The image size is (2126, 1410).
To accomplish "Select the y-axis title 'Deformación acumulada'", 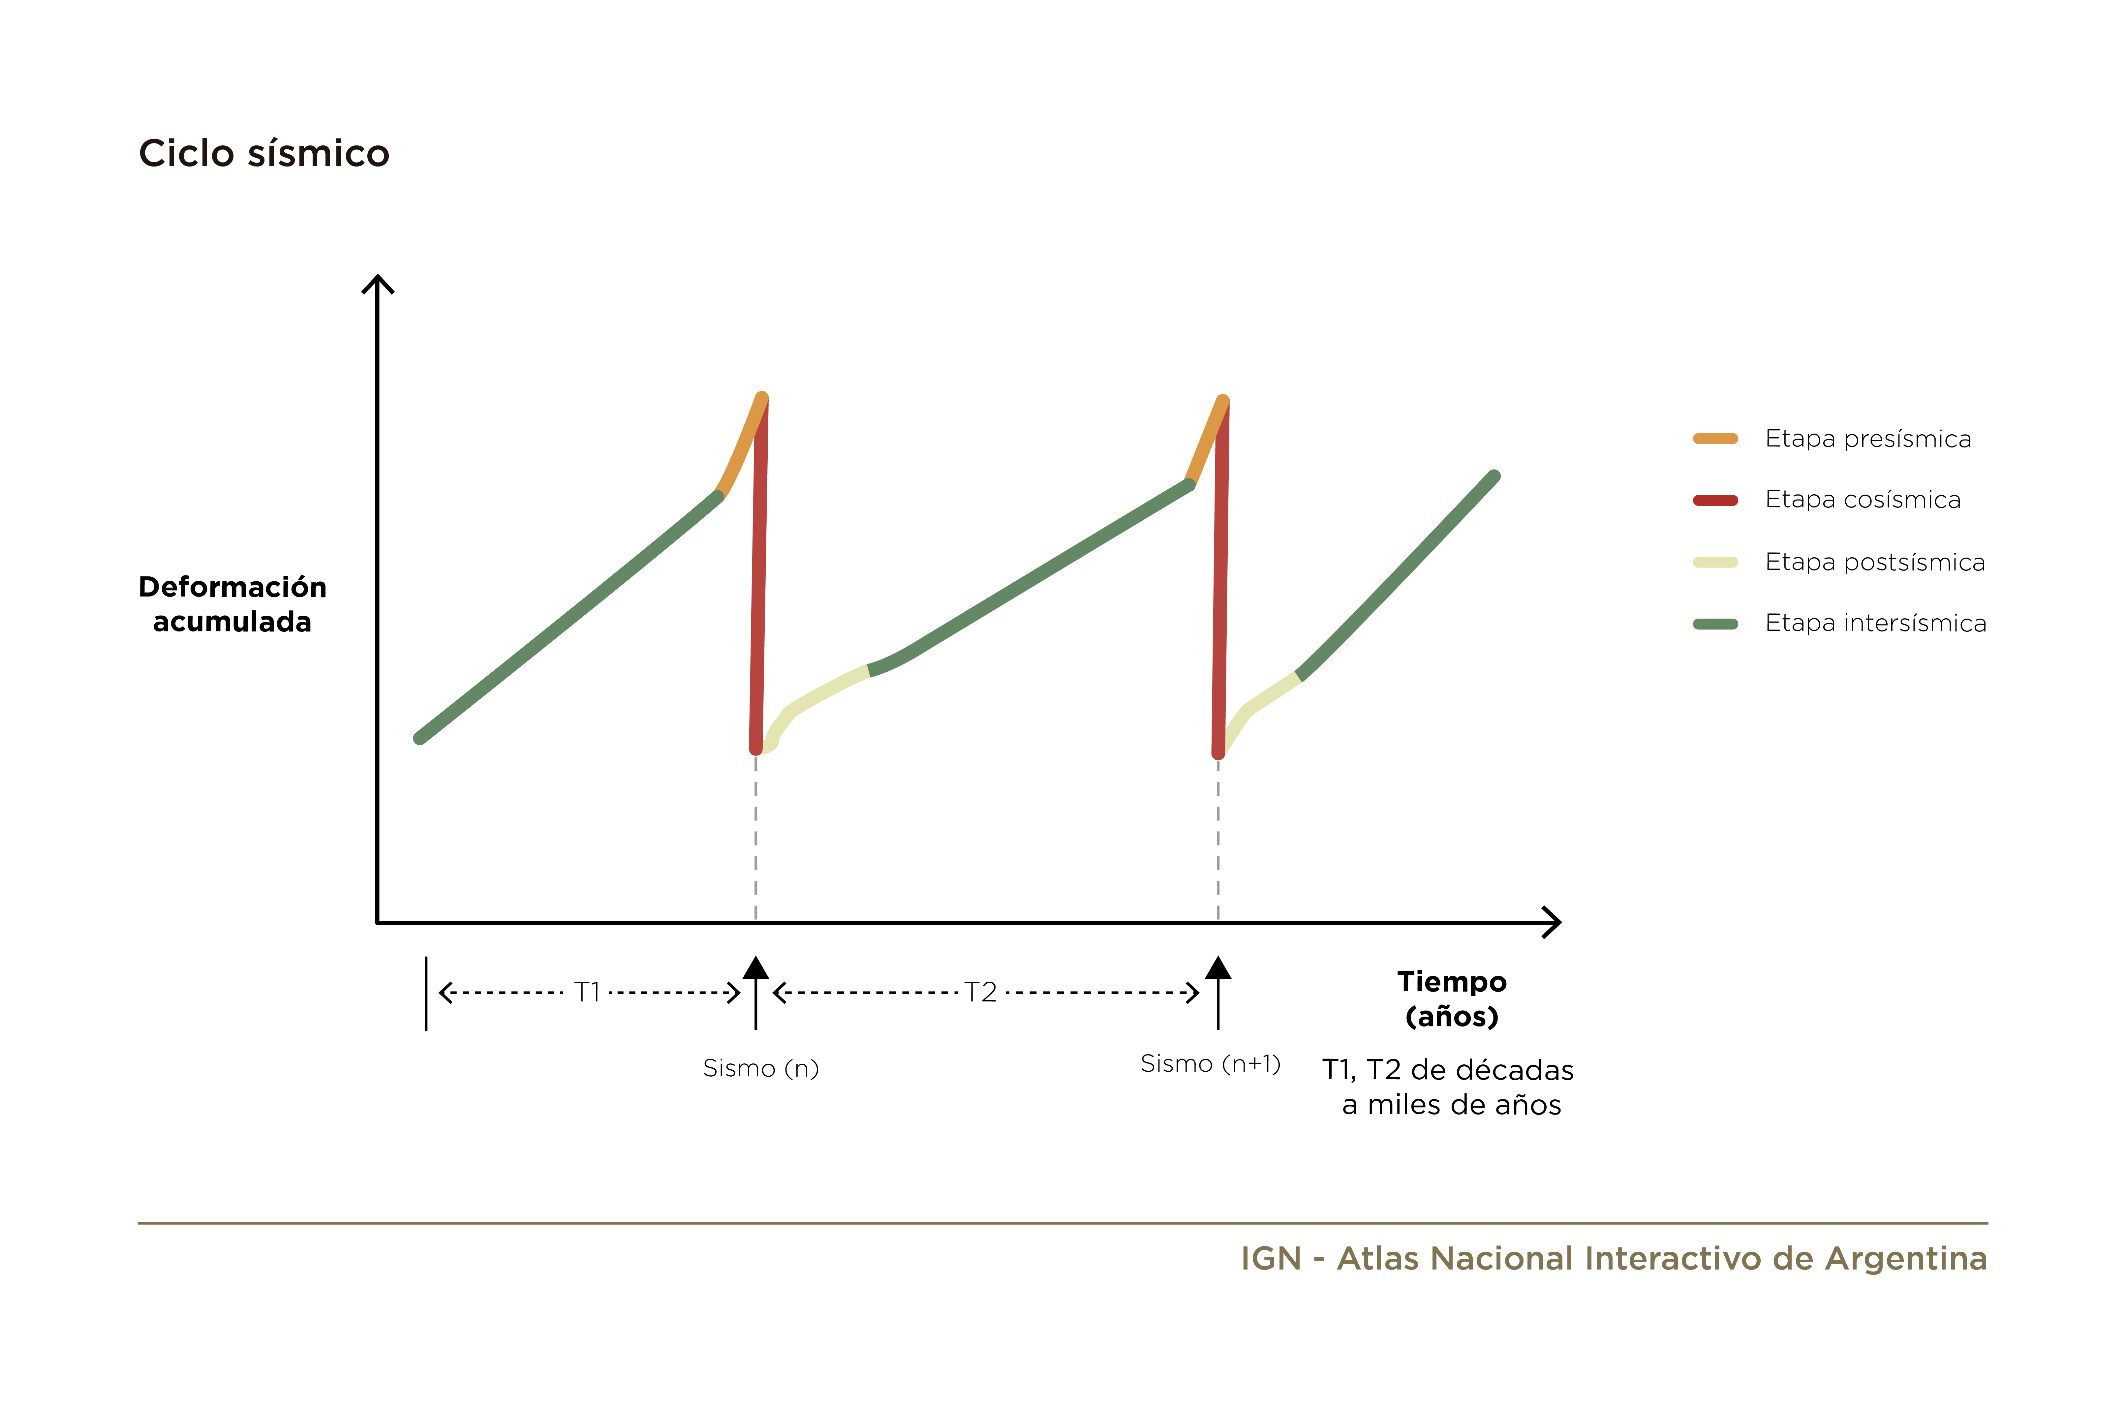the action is [x=232, y=604].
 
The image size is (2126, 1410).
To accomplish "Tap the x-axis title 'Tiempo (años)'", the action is [x=1452, y=999].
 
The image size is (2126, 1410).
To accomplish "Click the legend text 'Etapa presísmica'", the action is [x=1868, y=439].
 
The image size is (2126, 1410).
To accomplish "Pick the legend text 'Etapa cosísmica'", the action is [x=1863, y=500].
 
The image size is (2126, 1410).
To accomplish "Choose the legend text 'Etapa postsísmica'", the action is [x=1875, y=562].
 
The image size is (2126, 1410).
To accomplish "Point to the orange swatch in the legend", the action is [x=1715, y=439].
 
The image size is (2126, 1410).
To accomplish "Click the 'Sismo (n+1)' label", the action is [x=1211, y=1064].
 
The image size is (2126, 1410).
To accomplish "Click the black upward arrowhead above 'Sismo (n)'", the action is [x=755, y=967].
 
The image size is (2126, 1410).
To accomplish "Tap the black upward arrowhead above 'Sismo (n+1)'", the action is [x=1218, y=967].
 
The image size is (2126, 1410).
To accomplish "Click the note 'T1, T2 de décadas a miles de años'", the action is [x=1448, y=1087].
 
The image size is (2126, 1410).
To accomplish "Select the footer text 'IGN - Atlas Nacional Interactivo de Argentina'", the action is [x=1614, y=1258].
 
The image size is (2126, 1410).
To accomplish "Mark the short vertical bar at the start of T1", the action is [x=425, y=994].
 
